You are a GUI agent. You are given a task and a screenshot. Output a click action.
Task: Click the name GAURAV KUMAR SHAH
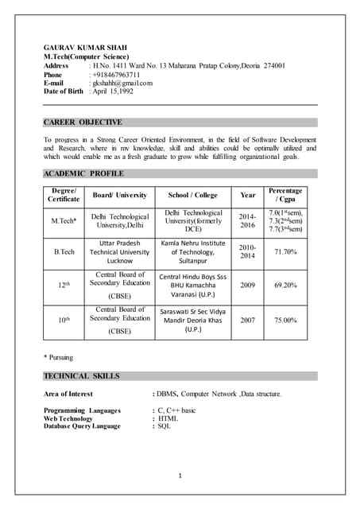[83, 48]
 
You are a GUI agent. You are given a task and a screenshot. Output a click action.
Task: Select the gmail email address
[122, 83]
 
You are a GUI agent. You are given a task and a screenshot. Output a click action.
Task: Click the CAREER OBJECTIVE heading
[83, 122]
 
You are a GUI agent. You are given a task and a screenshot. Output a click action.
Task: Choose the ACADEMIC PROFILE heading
[83, 173]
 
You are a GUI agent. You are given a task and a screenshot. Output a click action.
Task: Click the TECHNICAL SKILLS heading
[82, 375]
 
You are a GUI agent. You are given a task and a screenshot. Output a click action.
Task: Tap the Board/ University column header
[119, 195]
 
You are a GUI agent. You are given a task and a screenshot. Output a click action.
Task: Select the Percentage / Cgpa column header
[285, 195]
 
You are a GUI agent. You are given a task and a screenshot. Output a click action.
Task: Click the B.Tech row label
[64, 252]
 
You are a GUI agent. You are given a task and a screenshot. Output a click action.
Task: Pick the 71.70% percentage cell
[285, 252]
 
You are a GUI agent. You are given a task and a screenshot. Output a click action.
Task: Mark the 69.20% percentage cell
[285, 284]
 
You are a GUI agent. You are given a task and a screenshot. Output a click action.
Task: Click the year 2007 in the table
[248, 321]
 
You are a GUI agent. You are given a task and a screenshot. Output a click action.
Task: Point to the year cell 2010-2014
[248, 252]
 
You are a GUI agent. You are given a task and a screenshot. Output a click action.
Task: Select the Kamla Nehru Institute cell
[193, 251]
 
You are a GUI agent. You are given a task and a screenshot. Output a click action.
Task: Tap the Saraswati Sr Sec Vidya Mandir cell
[193, 321]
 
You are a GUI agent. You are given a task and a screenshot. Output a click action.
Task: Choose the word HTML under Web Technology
[168, 418]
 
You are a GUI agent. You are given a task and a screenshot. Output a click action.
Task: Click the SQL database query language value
[165, 426]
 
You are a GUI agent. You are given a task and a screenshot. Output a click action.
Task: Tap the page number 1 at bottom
[180, 476]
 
